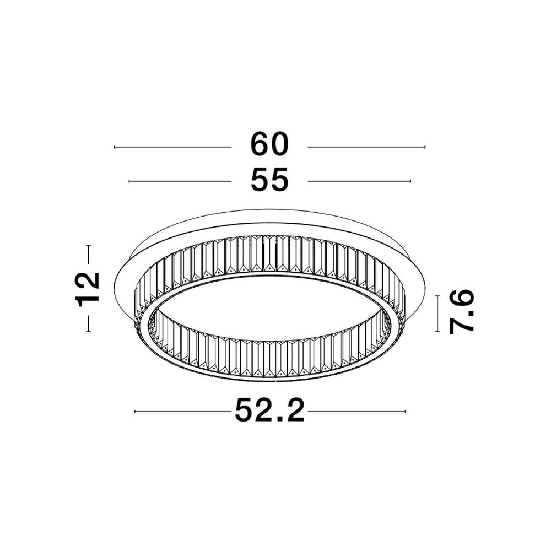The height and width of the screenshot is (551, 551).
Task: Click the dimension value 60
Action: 269,144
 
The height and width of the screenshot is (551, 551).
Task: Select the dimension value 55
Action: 269,180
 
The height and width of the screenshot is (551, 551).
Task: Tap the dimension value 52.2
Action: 269,410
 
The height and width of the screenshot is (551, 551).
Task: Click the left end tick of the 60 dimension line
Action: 115,147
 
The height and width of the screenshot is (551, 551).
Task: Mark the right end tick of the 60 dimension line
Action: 425,147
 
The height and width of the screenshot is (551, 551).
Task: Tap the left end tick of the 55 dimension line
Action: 129,181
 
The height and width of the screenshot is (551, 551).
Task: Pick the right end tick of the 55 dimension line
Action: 410,181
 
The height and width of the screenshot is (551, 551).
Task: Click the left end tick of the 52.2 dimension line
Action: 135,411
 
